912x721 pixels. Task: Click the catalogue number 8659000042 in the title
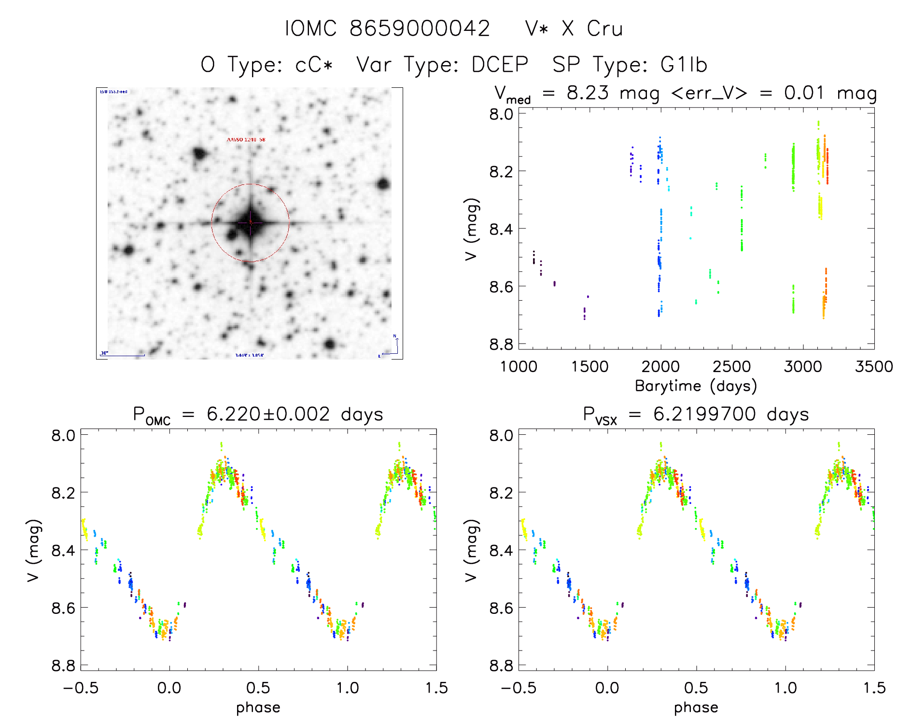[420, 28]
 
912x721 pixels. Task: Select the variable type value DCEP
[500, 65]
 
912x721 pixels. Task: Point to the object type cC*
[314, 65]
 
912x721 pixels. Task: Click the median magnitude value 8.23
[588, 93]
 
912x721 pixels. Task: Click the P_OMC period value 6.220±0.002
[268, 414]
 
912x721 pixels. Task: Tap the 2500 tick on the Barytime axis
[731, 367]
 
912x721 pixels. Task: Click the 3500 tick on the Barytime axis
[874, 367]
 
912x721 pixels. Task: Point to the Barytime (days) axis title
[696, 386]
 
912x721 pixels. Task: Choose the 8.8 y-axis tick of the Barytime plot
[501, 344]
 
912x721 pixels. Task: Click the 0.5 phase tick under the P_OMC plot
[258, 688]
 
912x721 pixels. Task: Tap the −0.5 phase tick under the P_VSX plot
[518, 688]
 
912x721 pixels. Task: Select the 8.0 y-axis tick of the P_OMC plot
[63, 435]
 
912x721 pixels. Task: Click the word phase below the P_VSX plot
[696, 707]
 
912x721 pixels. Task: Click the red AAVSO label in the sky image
[246, 139]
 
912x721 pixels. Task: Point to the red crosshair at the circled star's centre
[250, 222]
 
